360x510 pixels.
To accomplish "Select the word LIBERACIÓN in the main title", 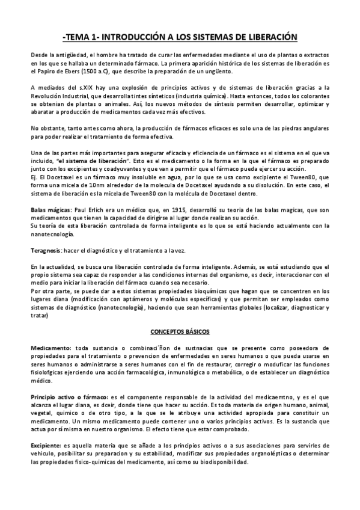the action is [x=266, y=37].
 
